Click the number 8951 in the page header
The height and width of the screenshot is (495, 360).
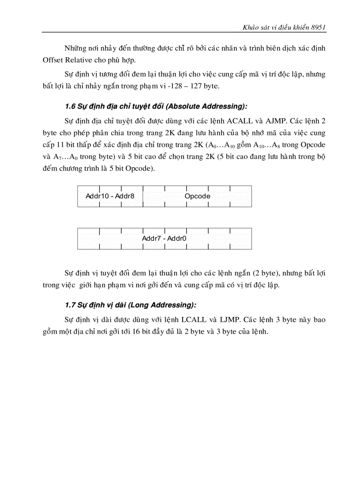[x=318, y=27]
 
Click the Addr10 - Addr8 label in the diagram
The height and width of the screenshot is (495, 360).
[x=109, y=196]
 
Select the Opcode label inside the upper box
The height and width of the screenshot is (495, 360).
[x=197, y=196]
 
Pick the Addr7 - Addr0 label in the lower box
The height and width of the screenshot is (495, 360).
[x=164, y=238]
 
